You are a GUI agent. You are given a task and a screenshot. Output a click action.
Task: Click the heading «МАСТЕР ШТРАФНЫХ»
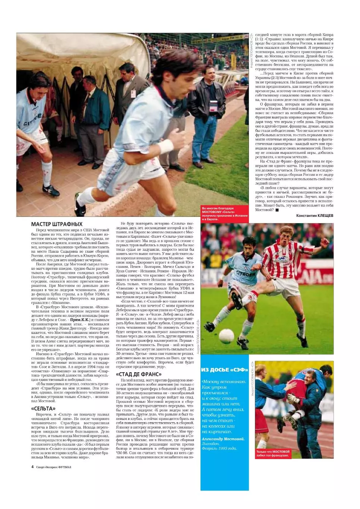[57, 224]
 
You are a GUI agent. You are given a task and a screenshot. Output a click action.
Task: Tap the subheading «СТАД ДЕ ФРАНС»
[138, 374]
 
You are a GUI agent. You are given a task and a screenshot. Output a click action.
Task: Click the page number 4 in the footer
[33, 467]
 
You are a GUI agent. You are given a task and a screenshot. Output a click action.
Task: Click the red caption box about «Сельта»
[224, 214]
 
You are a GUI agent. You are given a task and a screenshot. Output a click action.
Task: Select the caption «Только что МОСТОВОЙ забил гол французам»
[273, 453]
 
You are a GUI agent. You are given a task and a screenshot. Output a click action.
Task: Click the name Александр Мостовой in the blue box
[223, 439]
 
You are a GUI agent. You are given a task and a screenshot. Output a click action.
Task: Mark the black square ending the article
[277, 210]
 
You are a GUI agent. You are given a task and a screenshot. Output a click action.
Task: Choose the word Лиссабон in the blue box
[211, 444]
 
